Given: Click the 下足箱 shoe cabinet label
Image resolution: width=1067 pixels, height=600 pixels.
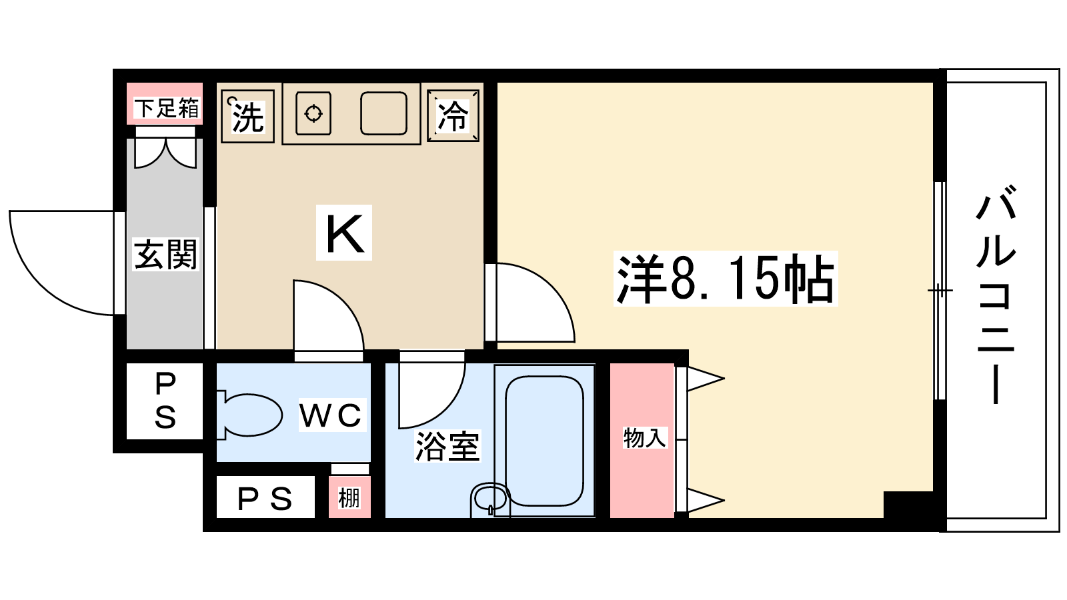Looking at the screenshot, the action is tap(166, 109).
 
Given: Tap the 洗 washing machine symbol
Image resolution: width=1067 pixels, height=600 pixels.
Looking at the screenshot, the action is tap(247, 116).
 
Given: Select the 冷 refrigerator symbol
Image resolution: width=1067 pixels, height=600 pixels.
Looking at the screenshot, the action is tap(453, 116).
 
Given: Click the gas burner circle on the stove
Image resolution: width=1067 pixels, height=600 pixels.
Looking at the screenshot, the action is tap(313, 114).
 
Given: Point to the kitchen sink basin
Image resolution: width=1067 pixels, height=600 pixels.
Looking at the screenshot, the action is tap(383, 113).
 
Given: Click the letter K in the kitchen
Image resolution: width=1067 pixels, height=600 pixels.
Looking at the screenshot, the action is tap(344, 233).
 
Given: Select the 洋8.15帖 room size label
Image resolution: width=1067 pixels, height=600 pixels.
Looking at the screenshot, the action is tap(726, 279).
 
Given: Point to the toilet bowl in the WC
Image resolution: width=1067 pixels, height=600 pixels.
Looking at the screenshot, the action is tap(250, 415).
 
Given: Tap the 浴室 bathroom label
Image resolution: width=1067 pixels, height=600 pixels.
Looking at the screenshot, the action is tap(447, 446).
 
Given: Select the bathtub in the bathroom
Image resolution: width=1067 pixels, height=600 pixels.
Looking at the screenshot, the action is tap(544, 441).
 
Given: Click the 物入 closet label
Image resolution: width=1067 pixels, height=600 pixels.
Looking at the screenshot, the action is tap(644, 438).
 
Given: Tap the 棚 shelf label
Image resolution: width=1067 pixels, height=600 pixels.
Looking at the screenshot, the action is tap(349, 498).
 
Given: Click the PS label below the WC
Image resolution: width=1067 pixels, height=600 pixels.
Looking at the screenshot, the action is tap(265, 499).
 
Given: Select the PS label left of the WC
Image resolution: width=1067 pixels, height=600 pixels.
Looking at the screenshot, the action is tap(165, 401).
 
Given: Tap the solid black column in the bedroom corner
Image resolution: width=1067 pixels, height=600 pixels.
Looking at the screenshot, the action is tap(908, 505).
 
